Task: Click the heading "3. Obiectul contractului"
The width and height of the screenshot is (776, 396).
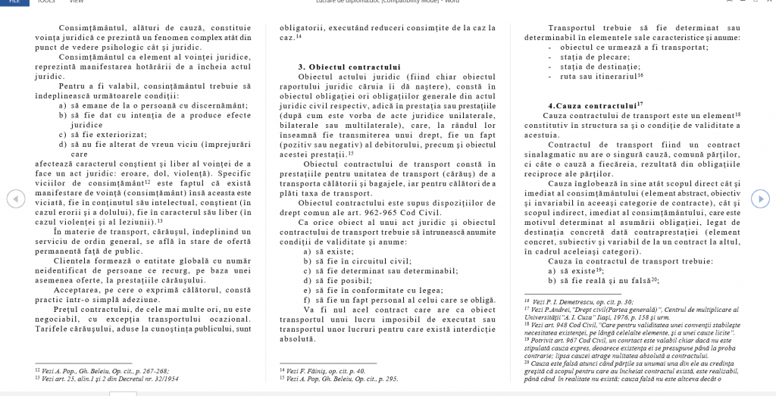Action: click(x=349, y=67)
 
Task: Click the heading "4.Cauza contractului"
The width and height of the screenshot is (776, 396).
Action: click(x=595, y=105)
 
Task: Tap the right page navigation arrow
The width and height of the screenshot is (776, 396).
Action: click(x=760, y=198)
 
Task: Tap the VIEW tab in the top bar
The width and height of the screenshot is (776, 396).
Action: click(x=76, y=2)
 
